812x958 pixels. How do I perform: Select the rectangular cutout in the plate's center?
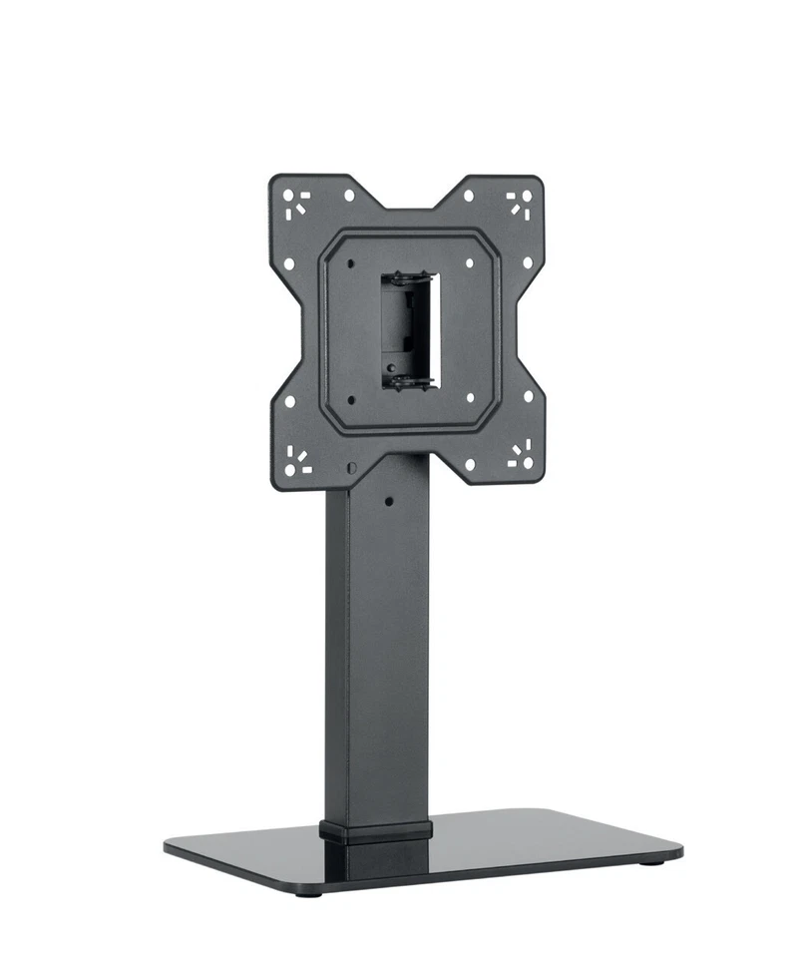tap(408, 329)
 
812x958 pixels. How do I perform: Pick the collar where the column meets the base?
tap(376, 830)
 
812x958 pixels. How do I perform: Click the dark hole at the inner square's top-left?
tap(353, 263)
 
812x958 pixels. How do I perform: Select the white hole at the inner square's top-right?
tap(469, 263)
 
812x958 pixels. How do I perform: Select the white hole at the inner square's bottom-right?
tap(469, 396)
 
